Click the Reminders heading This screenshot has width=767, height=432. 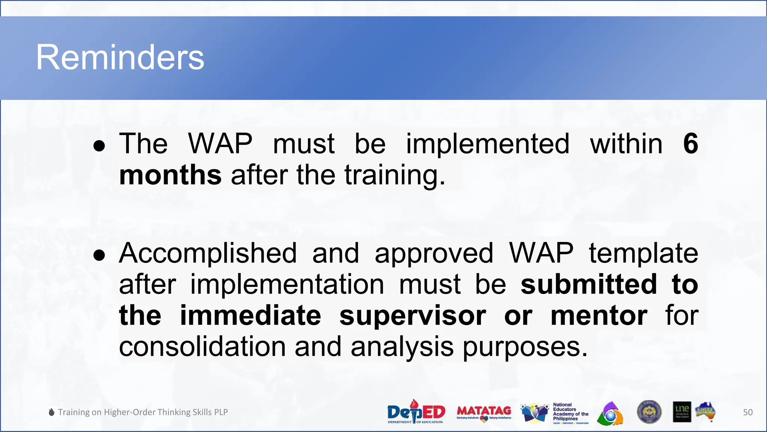[120, 57]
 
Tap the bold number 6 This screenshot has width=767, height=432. [690, 144]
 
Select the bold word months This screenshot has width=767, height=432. [170, 175]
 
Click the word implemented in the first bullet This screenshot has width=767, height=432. [488, 144]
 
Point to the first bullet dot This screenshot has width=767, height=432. [99, 146]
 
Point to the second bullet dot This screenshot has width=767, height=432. [99, 256]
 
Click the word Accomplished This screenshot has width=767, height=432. [208, 253]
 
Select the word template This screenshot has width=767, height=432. [643, 253]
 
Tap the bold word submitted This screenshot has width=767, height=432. [589, 284]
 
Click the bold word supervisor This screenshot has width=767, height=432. [413, 316]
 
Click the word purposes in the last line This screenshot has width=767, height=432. [525, 347]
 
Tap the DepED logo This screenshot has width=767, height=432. [416, 412]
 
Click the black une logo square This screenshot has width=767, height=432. [682, 412]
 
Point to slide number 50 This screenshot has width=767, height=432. [748, 412]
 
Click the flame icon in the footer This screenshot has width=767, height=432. [52, 412]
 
